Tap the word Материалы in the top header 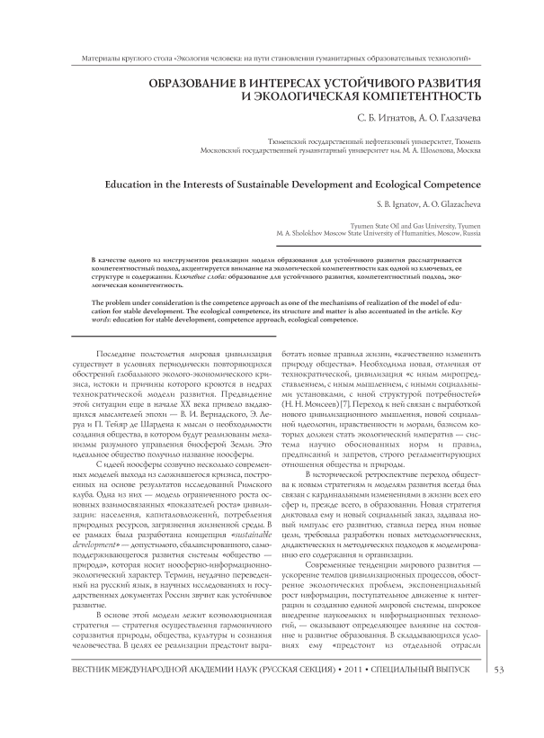[x=78, y=59]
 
